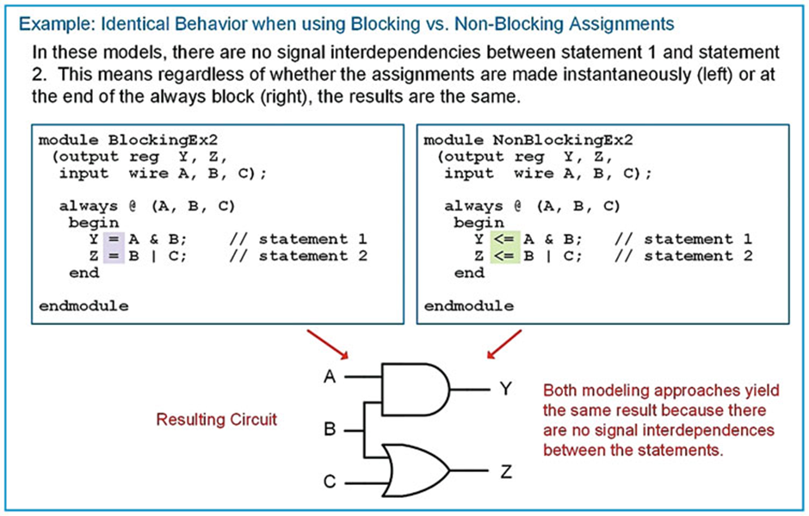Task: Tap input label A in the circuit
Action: tap(329, 377)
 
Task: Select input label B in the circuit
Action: tap(329, 428)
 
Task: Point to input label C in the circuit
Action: tap(329, 482)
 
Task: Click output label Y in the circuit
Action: tap(506, 390)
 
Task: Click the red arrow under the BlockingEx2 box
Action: tap(330, 345)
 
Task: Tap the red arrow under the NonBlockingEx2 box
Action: tap(503, 345)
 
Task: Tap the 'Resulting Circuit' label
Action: tap(216, 420)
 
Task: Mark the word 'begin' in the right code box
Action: tap(479, 223)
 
